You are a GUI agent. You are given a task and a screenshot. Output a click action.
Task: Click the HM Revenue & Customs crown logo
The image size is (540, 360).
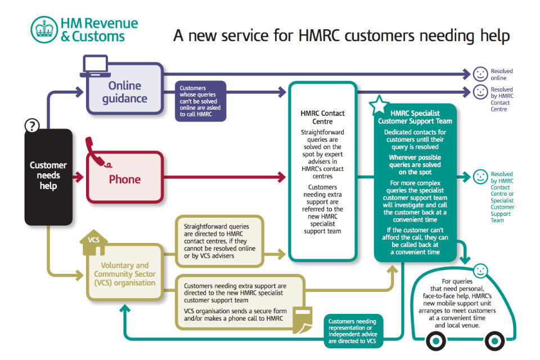(x=43, y=29)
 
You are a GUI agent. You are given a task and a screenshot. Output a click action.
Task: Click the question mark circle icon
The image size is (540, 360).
(x=33, y=126)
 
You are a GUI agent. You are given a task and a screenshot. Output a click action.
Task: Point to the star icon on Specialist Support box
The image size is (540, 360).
(x=379, y=105)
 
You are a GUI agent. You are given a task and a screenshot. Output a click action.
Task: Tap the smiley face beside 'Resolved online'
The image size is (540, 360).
(x=480, y=74)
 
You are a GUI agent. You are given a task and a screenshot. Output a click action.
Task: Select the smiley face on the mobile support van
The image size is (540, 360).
(x=480, y=271)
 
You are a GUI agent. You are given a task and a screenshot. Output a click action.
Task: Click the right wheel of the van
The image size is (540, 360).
(x=494, y=340)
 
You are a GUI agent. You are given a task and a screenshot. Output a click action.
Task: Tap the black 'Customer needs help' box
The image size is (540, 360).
(x=48, y=175)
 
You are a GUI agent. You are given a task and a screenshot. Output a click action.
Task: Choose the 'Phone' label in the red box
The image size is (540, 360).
(x=124, y=179)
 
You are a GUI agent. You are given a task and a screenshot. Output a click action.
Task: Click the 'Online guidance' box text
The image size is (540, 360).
(x=124, y=92)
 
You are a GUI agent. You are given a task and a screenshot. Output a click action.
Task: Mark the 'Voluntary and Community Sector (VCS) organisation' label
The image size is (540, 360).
(x=124, y=274)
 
